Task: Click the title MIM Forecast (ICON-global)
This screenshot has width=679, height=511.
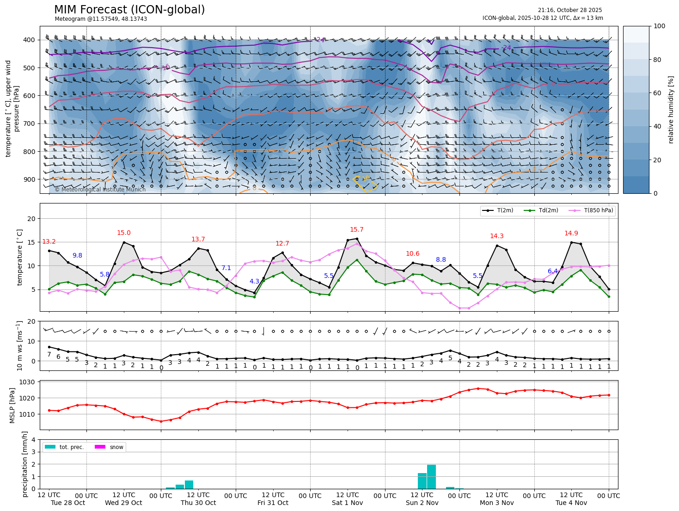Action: coord(129,10)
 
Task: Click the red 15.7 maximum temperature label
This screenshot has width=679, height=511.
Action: coord(356,230)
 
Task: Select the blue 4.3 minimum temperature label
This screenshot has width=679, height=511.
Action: coord(254,281)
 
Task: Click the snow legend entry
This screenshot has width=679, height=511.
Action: coord(116,447)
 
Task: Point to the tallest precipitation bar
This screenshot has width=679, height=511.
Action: coord(431,476)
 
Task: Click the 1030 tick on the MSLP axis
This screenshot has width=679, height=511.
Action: coord(28,382)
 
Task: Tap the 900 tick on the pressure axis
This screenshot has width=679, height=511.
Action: coord(29,179)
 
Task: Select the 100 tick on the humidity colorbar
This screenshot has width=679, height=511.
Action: coord(660,26)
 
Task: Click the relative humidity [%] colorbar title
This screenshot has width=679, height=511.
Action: coord(671,110)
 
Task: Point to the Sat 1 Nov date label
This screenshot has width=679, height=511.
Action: coord(348,503)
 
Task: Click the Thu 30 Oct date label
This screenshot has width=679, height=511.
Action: coord(198,503)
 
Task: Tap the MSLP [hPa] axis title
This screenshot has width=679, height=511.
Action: coord(12,406)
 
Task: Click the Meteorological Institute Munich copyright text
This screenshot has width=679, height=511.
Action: coord(100,190)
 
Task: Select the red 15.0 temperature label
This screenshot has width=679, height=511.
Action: coord(123,233)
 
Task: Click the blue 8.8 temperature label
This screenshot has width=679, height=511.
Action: coord(441,260)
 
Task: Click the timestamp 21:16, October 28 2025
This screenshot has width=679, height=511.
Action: coord(569,10)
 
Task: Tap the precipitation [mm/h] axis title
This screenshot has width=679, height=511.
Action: coord(25,464)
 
